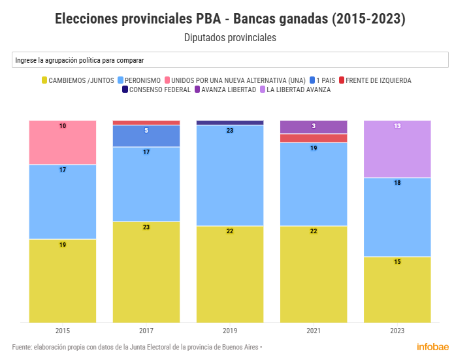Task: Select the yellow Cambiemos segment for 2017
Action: click(146, 271)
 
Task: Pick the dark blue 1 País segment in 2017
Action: click(146, 136)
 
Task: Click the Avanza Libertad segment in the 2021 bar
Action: click(314, 127)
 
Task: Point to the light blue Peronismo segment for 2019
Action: click(230, 175)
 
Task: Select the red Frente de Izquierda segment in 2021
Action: click(314, 138)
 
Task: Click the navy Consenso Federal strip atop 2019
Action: click(230, 122)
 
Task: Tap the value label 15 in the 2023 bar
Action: click(397, 262)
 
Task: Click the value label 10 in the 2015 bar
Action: click(63, 125)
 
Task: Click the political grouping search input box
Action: click(230, 60)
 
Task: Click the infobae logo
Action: click(432, 346)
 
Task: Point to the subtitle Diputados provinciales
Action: click(230, 38)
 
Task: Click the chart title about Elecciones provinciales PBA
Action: click(230, 19)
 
